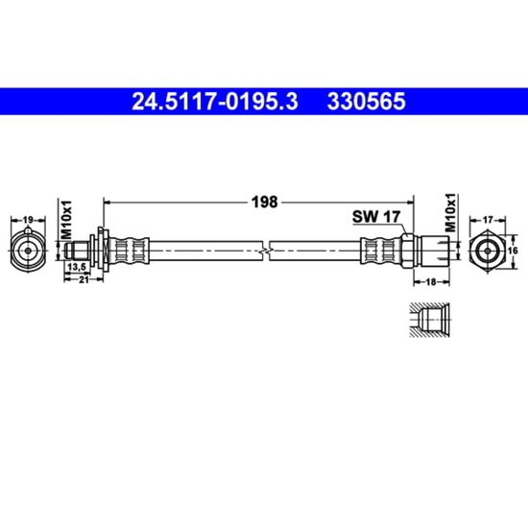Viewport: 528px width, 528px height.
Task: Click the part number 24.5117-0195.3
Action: pyautogui.click(x=214, y=102)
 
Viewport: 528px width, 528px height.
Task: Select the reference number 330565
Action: pyautogui.click(x=367, y=102)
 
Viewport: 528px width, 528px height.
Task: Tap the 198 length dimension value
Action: pyautogui.click(x=265, y=202)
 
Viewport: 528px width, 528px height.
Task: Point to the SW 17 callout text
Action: pyautogui.click(x=376, y=217)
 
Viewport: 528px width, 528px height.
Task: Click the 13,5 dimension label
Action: pyautogui.click(x=78, y=267)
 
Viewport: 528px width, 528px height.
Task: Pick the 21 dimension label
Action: pyautogui.click(x=84, y=279)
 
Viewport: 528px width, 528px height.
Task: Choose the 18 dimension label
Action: pyautogui.click(x=431, y=281)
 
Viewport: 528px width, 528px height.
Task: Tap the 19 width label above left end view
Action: pyautogui.click(x=28, y=220)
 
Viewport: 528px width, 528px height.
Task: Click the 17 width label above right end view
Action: pyautogui.click(x=488, y=220)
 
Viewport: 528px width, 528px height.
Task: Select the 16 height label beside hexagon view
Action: pyautogui.click(x=513, y=251)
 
